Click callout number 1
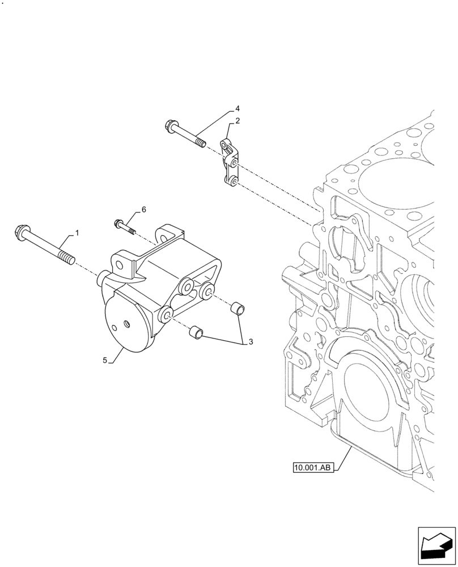click(77, 234)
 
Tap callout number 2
click(238, 121)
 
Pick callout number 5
click(105, 359)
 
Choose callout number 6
click(143, 209)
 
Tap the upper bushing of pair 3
click(239, 308)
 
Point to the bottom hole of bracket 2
click(233, 181)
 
